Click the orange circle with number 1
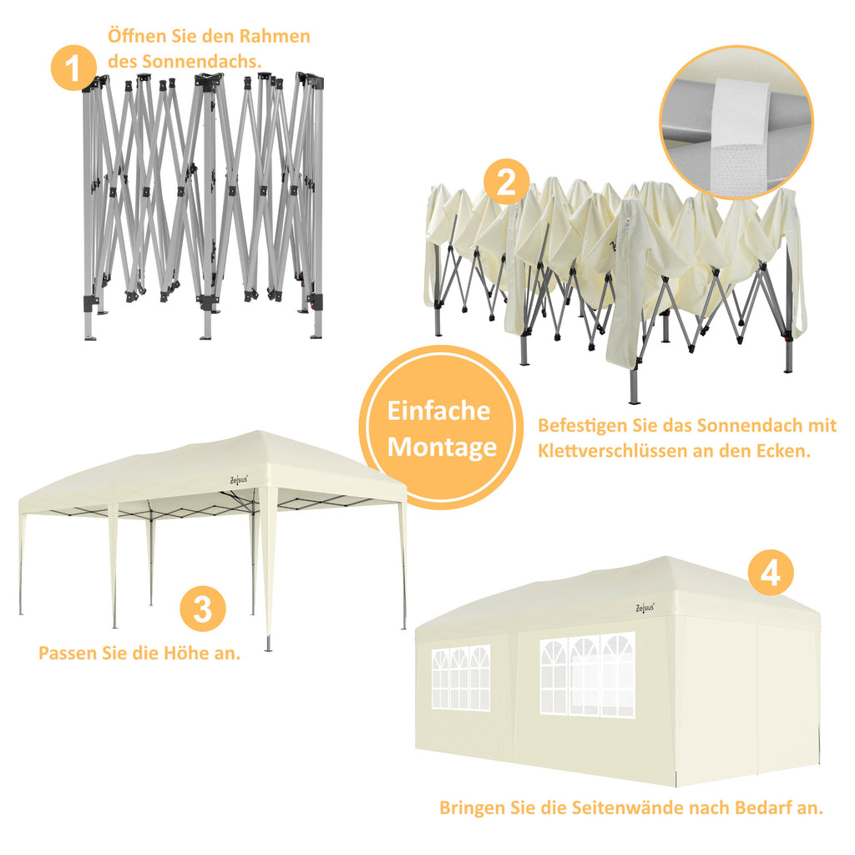[73, 67]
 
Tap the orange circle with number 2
[507, 182]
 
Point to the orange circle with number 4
[770, 573]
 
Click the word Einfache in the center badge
[438, 411]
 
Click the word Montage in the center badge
[442, 448]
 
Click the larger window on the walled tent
[587, 674]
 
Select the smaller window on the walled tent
[460, 678]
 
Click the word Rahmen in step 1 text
[277, 37]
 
